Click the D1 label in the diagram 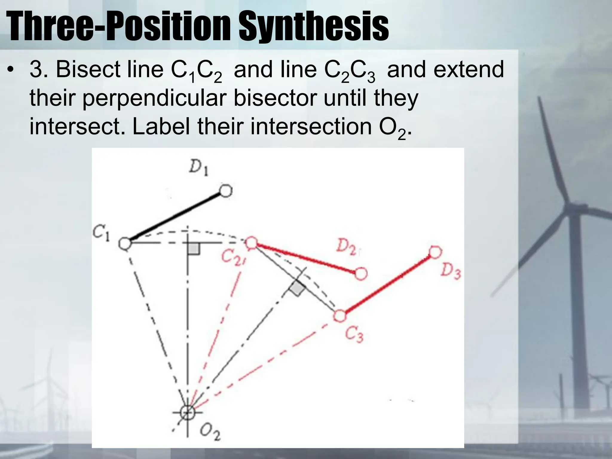(198, 169)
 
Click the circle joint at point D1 (226, 191)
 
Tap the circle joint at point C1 (125, 243)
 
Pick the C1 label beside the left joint (101, 233)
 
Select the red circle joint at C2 (252, 243)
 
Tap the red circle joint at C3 (340, 316)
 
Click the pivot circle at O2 (188, 413)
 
